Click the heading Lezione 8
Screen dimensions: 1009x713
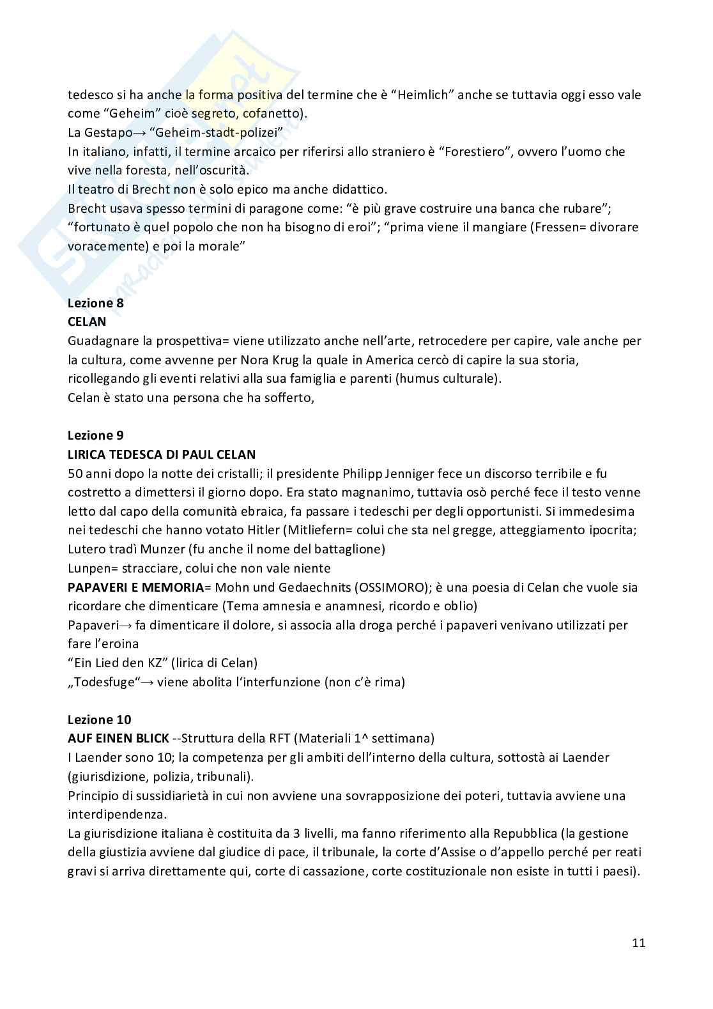pyautogui.click(x=95, y=303)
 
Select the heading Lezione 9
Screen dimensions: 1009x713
pyautogui.click(x=95, y=435)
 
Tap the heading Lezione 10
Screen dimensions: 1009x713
pyautogui.click(x=99, y=720)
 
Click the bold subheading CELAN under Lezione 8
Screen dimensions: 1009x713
pyautogui.click(x=87, y=321)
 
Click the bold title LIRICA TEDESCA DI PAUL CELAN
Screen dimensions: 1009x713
pyautogui.click(x=162, y=454)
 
